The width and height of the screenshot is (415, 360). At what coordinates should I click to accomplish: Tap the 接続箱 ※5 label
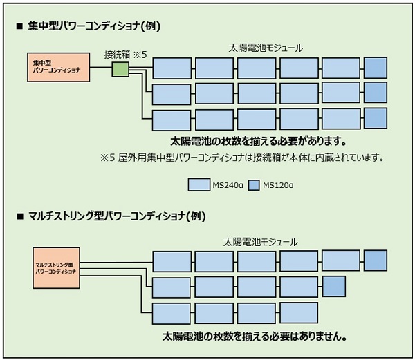tap(125, 54)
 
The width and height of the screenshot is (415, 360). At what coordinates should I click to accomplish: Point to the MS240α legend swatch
tap(199, 184)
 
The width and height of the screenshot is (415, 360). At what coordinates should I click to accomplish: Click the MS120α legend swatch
tap(252, 184)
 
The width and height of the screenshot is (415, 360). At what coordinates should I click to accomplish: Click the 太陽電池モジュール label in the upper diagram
tap(266, 48)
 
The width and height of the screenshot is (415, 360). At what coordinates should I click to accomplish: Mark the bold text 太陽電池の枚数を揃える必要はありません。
tap(255, 337)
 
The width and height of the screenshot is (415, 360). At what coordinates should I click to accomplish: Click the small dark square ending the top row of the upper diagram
tap(376, 68)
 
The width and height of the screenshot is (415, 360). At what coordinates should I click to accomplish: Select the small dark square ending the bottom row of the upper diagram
tap(376, 118)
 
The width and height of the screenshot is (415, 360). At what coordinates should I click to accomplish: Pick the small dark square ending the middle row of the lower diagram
tap(334, 286)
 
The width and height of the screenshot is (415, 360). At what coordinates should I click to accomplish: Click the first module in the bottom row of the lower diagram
tap(172, 312)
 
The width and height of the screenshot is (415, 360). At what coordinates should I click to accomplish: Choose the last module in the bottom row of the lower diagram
tap(299, 312)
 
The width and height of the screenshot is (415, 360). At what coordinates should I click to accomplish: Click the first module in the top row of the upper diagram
tap(172, 68)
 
